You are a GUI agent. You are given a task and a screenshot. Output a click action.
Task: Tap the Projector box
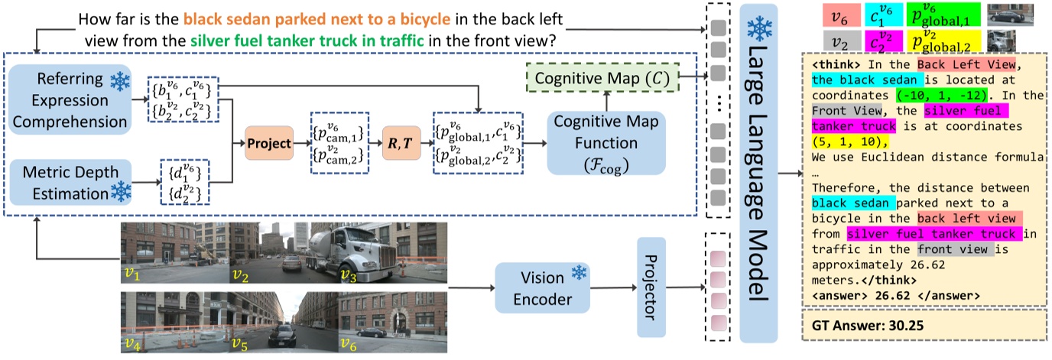click(x=652, y=287)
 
